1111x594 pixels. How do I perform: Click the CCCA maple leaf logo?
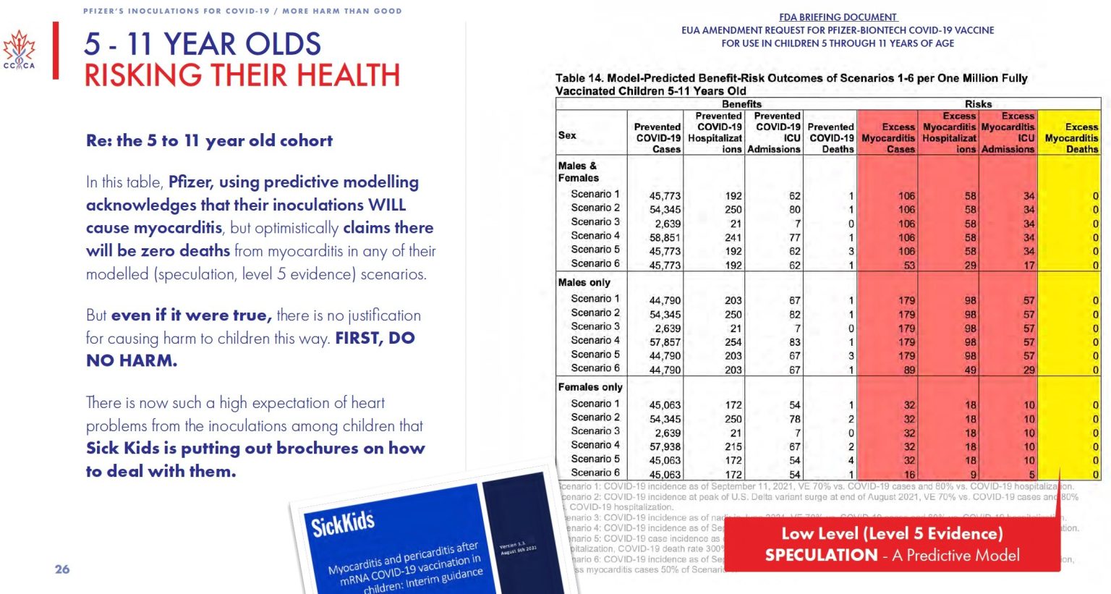coord(19,50)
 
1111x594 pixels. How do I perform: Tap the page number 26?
coord(62,569)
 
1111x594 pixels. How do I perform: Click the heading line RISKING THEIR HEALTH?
coord(242,75)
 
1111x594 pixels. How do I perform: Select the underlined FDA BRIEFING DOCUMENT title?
coord(838,17)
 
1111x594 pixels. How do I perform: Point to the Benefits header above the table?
coord(741,104)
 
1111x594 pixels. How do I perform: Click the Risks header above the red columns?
coord(978,104)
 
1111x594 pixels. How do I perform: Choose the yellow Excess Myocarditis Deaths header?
coord(1070,137)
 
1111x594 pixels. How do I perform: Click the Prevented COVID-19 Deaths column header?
coord(831,137)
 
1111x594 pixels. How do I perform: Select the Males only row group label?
coord(584,282)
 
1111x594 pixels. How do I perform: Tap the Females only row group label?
coord(590,387)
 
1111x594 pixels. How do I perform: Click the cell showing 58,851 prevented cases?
coord(665,237)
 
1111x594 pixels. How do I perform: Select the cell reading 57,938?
coord(665,446)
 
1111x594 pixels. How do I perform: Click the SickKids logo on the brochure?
coord(343,522)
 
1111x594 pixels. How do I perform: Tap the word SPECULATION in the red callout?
coord(821,555)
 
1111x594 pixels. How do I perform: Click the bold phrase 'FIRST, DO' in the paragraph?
coord(375,338)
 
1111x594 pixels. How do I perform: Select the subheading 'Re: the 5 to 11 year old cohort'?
coord(209,140)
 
